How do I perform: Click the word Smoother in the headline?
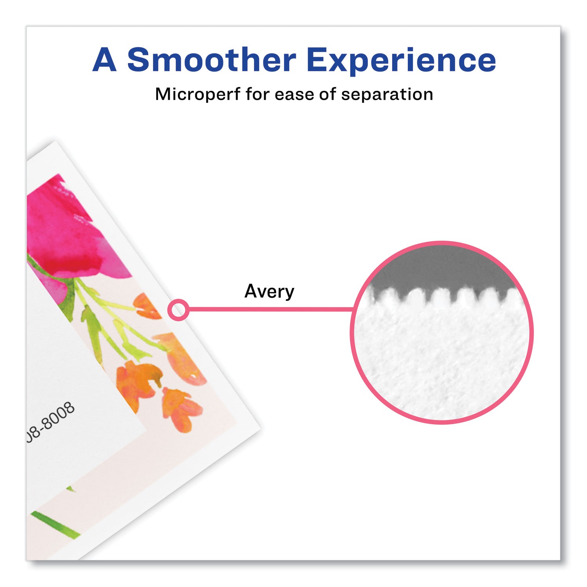coord(212,60)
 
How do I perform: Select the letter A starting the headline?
coord(104,60)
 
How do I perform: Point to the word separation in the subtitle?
coord(387,95)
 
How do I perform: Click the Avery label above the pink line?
coord(269,292)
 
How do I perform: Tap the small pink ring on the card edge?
coord(178,310)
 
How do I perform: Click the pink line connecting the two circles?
coord(270,310)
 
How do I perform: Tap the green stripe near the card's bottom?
coord(55,524)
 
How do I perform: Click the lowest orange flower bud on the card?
coord(182,409)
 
